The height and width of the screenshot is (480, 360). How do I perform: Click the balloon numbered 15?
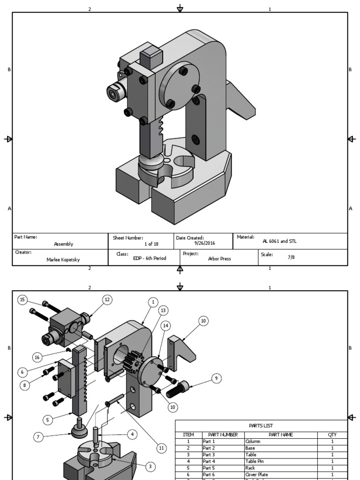click(22, 299)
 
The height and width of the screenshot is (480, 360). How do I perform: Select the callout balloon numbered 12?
click(107, 300)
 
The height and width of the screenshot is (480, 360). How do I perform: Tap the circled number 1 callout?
click(152, 302)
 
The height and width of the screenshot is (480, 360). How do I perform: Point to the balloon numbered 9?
click(216, 378)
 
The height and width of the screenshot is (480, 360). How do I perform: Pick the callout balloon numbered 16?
click(37, 357)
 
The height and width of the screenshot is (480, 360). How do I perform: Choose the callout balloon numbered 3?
click(150, 466)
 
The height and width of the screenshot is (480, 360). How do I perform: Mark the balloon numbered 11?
click(161, 448)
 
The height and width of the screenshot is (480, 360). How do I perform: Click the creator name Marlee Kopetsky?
click(63, 259)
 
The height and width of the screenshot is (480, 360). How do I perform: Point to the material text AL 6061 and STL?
click(279, 241)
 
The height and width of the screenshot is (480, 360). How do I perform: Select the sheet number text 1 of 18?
click(151, 244)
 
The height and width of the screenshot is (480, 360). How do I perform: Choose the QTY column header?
click(332, 435)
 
